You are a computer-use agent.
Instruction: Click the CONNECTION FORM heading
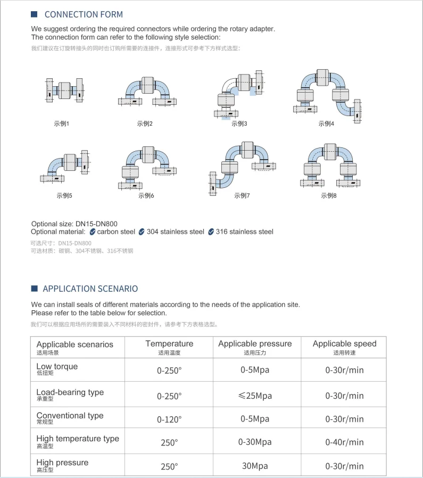click(x=84, y=14)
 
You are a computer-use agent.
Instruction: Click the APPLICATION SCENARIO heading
click(x=90, y=289)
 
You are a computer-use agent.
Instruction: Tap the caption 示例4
click(x=326, y=123)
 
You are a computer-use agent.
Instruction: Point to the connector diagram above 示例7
click(x=242, y=167)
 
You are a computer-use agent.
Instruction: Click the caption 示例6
click(x=146, y=195)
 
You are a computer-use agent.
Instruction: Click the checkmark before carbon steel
click(x=93, y=232)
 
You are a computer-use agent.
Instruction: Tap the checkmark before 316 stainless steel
click(x=211, y=232)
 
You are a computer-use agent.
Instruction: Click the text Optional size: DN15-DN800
click(x=74, y=224)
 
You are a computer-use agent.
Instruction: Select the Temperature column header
click(x=169, y=344)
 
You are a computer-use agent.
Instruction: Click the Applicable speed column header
click(x=344, y=344)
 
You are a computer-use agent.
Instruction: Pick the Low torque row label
click(x=57, y=367)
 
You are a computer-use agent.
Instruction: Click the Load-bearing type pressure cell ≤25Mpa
click(x=255, y=395)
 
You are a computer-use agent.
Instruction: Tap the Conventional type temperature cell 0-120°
click(x=169, y=419)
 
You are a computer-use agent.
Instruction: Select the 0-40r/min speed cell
click(x=344, y=442)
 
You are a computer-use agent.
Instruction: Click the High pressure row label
click(x=62, y=463)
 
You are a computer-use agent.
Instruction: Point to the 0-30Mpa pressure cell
click(x=255, y=442)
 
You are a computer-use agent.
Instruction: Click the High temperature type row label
click(x=78, y=439)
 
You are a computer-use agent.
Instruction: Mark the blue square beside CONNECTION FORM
click(x=35, y=14)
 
